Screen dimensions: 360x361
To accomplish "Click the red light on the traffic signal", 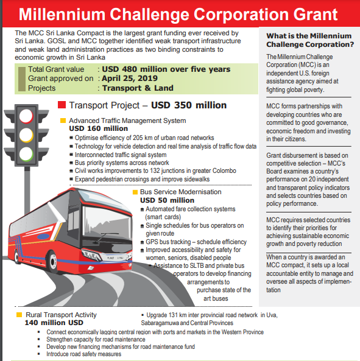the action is [26, 116].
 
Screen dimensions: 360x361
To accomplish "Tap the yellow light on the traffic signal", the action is [26, 135].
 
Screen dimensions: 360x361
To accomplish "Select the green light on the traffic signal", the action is [26, 154].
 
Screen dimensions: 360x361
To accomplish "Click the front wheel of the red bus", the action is [53, 262].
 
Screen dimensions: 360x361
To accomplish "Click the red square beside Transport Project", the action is [62, 105].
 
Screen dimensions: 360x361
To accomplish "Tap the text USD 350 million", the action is [189, 105].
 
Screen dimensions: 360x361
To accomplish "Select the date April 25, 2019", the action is [130, 79].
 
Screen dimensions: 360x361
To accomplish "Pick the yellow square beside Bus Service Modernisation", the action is [135, 192].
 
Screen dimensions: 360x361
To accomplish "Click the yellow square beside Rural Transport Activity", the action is [19, 315].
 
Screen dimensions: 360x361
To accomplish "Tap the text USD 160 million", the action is [98, 128].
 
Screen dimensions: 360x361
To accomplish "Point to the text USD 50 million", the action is [168, 200].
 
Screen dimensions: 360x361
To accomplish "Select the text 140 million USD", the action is [54, 323].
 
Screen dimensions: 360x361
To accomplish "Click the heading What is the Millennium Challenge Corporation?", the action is [310, 40].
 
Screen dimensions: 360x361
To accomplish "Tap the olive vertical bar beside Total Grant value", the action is [22, 79].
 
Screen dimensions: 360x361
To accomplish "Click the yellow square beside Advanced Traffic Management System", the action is [63, 121].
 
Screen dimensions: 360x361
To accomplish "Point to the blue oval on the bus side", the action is [43, 236].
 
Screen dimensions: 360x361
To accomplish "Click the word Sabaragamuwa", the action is [160, 323].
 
